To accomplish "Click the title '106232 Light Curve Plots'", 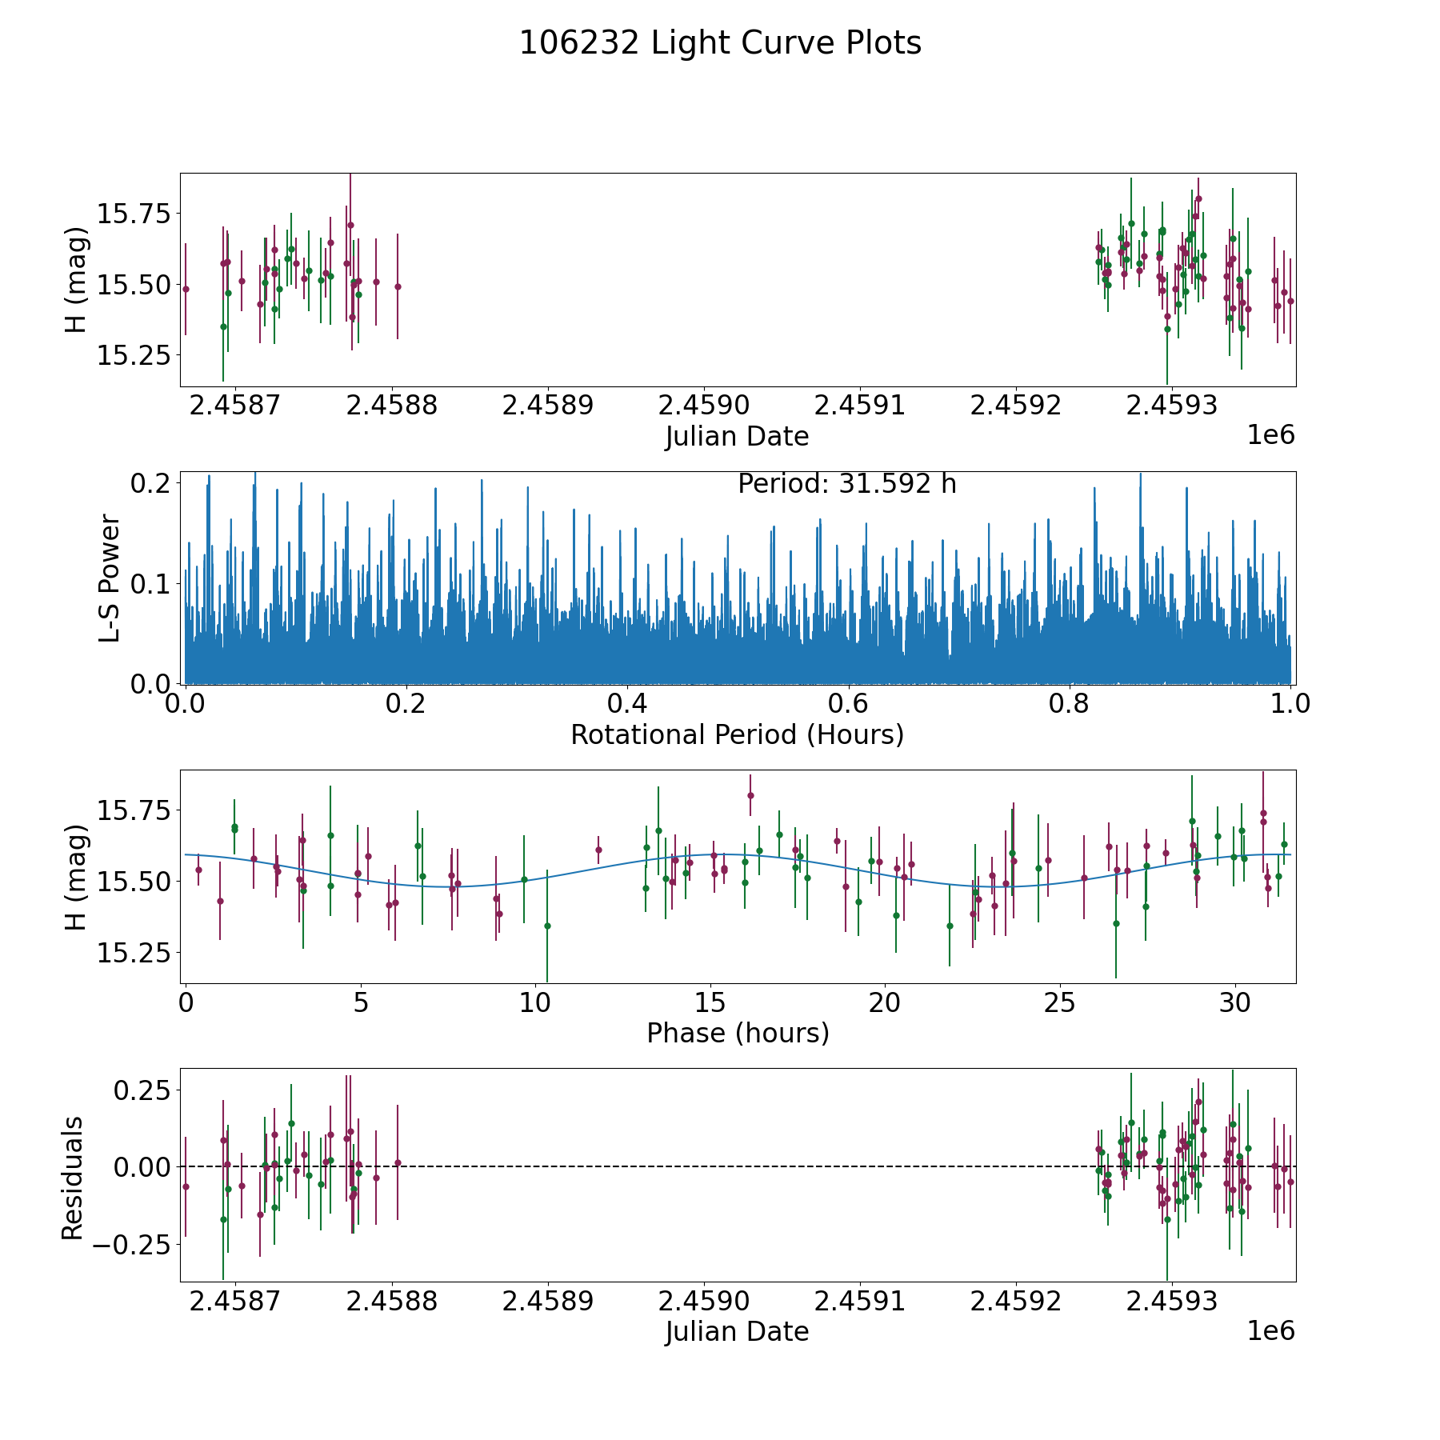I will [x=720, y=43].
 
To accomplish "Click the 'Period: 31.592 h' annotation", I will [x=846, y=484].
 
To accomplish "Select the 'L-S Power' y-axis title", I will [x=110, y=578].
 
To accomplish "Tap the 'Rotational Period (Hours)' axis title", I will [x=737, y=734].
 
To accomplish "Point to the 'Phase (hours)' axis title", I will [x=737, y=1033].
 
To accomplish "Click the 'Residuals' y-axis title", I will [x=73, y=1178].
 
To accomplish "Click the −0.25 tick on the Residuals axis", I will [x=131, y=1244].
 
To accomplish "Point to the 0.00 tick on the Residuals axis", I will [x=142, y=1167].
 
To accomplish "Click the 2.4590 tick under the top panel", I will [x=703, y=406].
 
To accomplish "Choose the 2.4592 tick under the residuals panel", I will [x=1015, y=1302].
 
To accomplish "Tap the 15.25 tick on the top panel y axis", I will [x=134, y=355].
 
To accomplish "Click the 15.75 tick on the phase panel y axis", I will [x=134, y=811].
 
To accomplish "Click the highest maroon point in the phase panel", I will [x=750, y=795].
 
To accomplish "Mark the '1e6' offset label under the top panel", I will [x=1270, y=435].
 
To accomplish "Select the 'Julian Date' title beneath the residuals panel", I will [x=737, y=1332].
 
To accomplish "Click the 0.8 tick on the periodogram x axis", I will [x=1070, y=704].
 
